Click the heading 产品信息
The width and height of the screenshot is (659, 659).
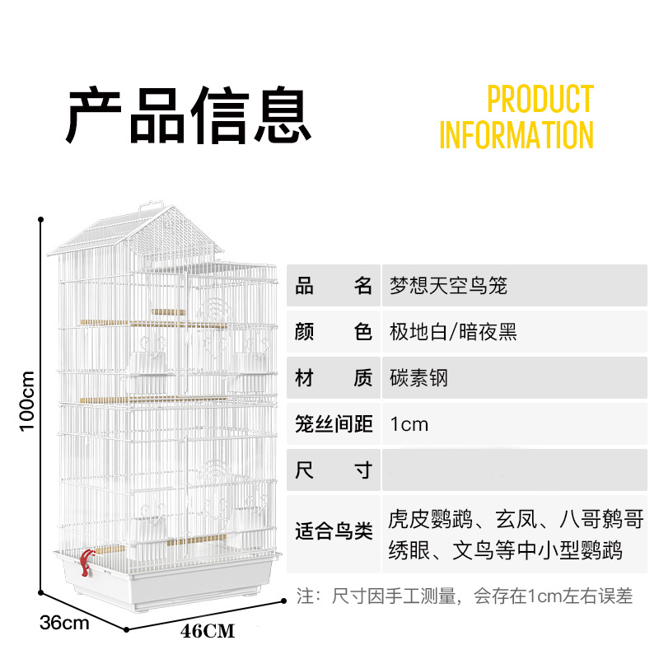click(x=189, y=116)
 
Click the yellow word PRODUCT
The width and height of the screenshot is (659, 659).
click(x=540, y=99)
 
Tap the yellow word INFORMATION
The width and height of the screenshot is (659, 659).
click(x=516, y=135)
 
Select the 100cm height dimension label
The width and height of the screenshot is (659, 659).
click(x=28, y=400)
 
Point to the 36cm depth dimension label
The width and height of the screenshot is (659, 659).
click(x=64, y=623)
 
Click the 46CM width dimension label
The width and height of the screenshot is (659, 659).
click(x=208, y=632)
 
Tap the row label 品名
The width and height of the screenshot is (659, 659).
click(x=334, y=286)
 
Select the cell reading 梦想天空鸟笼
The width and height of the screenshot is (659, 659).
click(x=448, y=286)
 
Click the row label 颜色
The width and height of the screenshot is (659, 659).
click(x=334, y=332)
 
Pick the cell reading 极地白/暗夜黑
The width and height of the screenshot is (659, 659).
click(x=453, y=332)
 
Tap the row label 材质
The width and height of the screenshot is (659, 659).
click(x=334, y=378)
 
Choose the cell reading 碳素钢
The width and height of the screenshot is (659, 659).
click(x=418, y=378)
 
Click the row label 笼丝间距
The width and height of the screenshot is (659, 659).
click(x=334, y=424)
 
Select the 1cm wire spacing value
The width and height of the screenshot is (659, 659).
click(x=409, y=424)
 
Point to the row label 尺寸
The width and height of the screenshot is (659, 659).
click(x=334, y=471)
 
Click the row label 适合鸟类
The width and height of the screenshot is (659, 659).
click(x=334, y=534)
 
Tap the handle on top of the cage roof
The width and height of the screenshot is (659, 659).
click(x=150, y=204)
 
